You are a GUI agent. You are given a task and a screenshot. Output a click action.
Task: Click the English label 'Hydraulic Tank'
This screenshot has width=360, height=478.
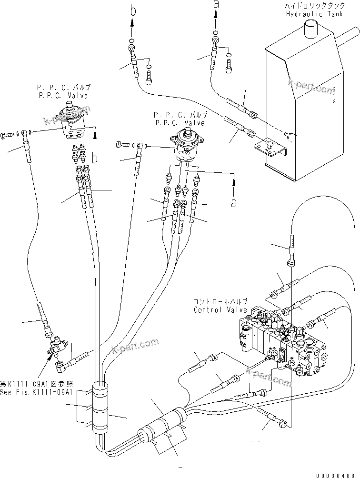point(311,14)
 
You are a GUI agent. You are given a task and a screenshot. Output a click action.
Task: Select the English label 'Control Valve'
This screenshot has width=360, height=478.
point(220,310)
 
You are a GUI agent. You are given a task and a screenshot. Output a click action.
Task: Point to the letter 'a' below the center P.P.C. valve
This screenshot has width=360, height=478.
point(233,202)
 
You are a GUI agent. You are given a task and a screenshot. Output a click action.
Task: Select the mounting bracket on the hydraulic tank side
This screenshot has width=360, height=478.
point(271,147)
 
